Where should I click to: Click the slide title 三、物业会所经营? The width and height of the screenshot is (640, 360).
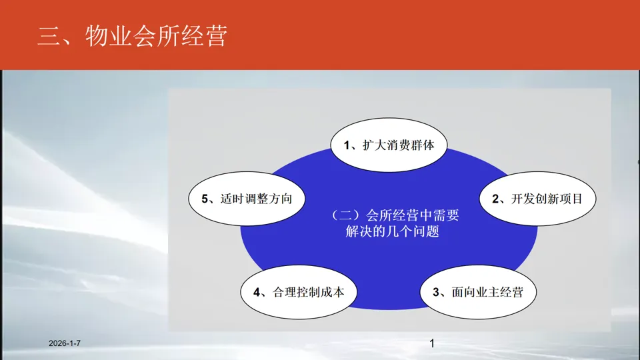(x=132, y=36)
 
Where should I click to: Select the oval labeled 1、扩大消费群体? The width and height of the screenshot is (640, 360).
(x=389, y=145)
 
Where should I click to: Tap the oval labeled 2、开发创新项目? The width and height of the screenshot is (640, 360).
(x=537, y=199)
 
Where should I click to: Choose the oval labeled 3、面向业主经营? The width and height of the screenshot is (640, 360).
(x=478, y=292)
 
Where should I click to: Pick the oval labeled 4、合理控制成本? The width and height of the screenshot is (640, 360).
(x=299, y=292)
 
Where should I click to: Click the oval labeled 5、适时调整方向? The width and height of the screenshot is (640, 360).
(x=247, y=199)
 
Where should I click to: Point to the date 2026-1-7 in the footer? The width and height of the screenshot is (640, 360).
(x=65, y=343)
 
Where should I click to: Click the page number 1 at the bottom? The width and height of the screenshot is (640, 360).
(x=432, y=344)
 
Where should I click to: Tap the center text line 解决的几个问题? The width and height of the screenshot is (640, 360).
(x=392, y=231)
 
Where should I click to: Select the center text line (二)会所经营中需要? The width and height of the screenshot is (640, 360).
(x=395, y=215)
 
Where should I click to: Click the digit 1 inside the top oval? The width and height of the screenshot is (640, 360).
(x=347, y=145)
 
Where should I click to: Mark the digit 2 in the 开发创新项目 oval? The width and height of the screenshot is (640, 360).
(x=495, y=199)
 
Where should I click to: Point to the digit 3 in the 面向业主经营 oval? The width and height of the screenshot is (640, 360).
(x=436, y=292)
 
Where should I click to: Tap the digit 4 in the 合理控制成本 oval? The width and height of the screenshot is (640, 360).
(x=257, y=292)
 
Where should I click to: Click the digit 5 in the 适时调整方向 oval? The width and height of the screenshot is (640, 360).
(x=205, y=199)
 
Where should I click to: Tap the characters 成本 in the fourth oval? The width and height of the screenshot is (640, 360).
(x=333, y=292)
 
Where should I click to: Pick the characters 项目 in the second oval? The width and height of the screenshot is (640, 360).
(x=571, y=199)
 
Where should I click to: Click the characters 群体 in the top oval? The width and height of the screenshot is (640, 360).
(x=423, y=145)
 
